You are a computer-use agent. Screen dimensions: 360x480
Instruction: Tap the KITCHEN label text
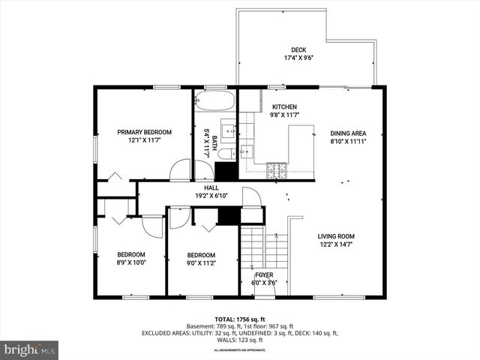(284, 107)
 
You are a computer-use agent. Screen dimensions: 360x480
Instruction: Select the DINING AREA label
(348, 133)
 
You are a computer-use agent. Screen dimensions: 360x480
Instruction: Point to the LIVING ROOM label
(335, 236)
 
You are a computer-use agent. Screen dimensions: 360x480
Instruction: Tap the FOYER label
(263, 275)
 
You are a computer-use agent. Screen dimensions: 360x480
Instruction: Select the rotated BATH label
(214, 140)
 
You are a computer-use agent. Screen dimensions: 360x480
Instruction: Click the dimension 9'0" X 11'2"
(201, 262)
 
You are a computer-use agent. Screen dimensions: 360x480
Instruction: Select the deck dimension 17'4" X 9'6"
(298, 58)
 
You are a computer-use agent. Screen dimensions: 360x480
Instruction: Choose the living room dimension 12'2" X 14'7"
(335, 244)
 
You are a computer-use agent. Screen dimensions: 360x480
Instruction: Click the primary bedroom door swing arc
(180, 170)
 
